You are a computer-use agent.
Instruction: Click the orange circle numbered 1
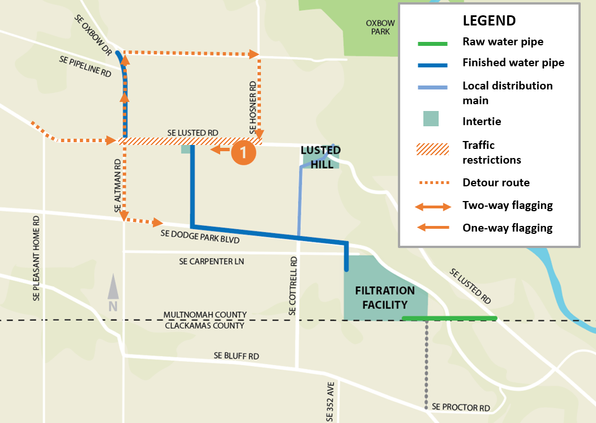click(x=243, y=152)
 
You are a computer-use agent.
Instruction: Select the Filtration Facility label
click(x=385, y=297)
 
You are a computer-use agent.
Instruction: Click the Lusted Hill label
click(x=320, y=157)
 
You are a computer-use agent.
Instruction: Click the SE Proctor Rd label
click(x=460, y=407)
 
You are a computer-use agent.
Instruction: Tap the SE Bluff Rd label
click(x=236, y=356)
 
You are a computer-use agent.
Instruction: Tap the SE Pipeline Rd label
click(x=85, y=66)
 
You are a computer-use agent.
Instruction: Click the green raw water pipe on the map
click(x=449, y=318)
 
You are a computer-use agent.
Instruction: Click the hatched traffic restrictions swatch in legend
click(x=432, y=149)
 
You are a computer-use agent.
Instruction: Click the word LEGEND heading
click(x=489, y=21)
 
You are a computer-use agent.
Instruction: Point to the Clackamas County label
click(x=204, y=326)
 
